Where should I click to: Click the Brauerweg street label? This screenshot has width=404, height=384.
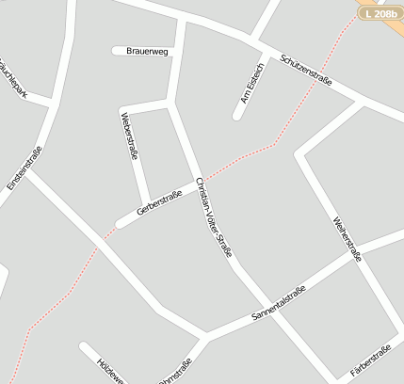click(x=147, y=52)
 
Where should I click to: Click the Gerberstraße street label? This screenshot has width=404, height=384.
click(x=159, y=201)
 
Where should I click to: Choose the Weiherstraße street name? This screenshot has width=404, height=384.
click(x=347, y=239)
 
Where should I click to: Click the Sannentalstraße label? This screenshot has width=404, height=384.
click(x=278, y=304)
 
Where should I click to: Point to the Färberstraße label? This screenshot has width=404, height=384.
click(x=371, y=361)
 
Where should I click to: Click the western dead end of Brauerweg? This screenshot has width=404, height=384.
click(x=116, y=51)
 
